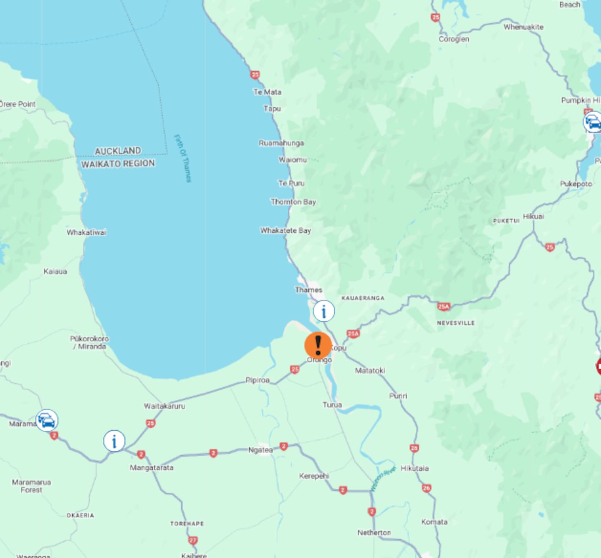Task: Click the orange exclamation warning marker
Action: (x=318, y=346)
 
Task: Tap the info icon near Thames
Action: (x=324, y=311)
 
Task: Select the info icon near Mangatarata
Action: (x=114, y=441)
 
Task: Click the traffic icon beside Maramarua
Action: (x=47, y=420)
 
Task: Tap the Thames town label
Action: (x=308, y=290)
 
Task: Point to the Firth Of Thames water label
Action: (x=183, y=158)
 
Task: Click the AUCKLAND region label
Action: (x=118, y=151)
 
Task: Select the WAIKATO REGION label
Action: (x=118, y=164)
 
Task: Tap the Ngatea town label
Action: (x=260, y=450)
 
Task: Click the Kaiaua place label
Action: (x=55, y=271)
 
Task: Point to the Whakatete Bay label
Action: (x=285, y=230)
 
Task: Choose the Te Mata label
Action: (x=268, y=92)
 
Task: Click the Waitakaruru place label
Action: (x=164, y=406)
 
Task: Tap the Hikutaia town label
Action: (x=414, y=468)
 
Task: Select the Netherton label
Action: (x=374, y=533)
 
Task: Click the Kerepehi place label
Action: (x=314, y=476)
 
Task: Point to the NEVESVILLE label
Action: (x=456, y=323)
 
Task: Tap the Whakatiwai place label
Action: (x=86, y=232)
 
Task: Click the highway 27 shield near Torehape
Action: (x=192, y=540)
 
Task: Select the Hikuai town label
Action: (x=533, y=216)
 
